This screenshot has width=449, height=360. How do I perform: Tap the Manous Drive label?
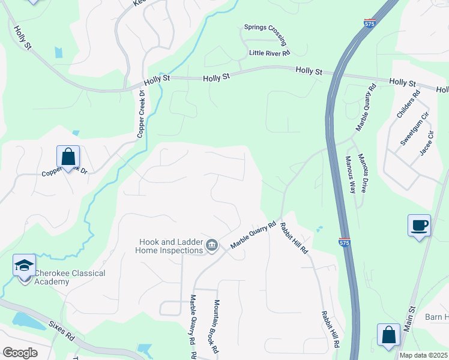coord(363,172)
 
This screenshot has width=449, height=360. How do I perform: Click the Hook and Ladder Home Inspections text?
coord(171,246)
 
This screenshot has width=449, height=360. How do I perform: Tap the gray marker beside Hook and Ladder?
coord(211,245)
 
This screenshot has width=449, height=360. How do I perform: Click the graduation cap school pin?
coord(24,266)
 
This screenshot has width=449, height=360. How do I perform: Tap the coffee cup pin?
coord(419,226)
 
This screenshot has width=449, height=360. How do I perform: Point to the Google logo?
coord(20,353)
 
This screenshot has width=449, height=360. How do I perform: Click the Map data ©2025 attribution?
coord(423,355)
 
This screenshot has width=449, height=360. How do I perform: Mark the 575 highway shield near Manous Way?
coord(345,242)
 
